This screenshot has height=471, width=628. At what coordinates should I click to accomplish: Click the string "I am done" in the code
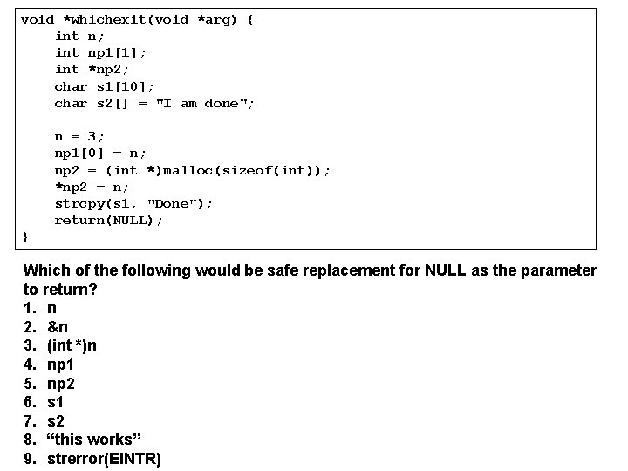pyautogui.click(x=205, y=104)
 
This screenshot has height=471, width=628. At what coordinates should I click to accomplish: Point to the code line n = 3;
pyautogui.click(x=79, y=137)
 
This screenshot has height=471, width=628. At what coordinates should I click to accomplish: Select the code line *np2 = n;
pyautogui.click(x=92, y=187)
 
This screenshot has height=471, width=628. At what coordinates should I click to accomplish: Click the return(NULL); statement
pyautogui.click(x=108, y=220)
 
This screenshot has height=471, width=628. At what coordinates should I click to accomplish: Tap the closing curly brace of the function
pyautogui.click(x=25, y=236)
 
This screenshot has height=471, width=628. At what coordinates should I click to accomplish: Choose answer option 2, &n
pyautogui.click(x=58, y=327)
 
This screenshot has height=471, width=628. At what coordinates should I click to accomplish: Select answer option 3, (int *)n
pyautogui.click(x=72, y=345)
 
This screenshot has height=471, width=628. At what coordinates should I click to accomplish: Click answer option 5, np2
pyautogui.click(x=62, y=384)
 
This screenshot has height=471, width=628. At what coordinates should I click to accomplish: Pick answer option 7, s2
pyautogui.click(x=56, y=421)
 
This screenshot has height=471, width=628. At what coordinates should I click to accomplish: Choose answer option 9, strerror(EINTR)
pyautogui.click(x=104, y=459)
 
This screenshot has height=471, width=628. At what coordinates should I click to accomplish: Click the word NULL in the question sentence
pyautogui.click(x=446, y=270)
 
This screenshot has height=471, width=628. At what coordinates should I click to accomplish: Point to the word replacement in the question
pyautogui.click(x=338, y=270)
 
